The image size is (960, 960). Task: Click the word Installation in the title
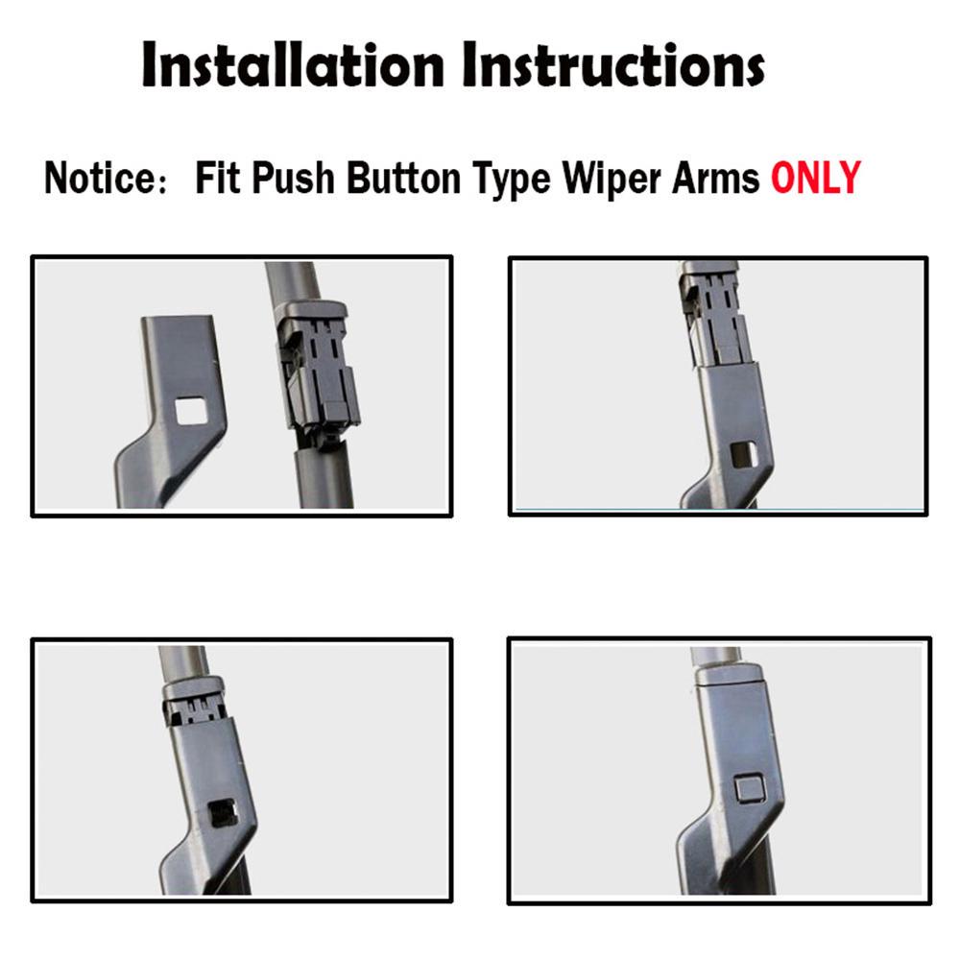pyautogui.click(x=293, y=65)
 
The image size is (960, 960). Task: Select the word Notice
pyautogui.click(x=99, y=179)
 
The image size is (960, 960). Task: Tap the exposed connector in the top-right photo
pyautogui.click(x=711, y=317)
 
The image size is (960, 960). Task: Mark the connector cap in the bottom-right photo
pyautogui.click(x=730, y=677)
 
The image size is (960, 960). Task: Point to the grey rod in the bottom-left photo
pyautogui.click(x=183, y=660)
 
